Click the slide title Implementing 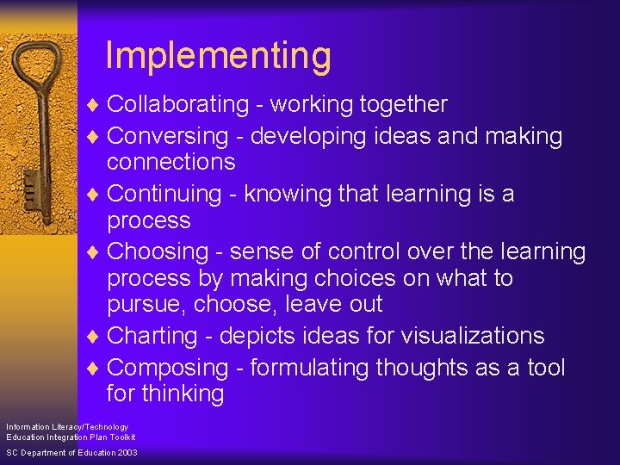pos(218,56)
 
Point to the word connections pos(170,162)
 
